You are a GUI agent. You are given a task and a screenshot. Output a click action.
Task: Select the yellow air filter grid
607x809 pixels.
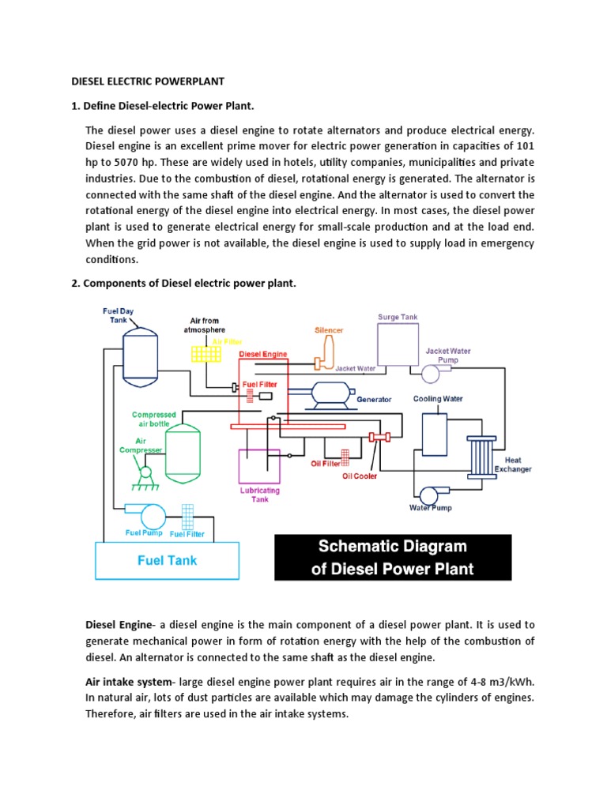coord(205,353)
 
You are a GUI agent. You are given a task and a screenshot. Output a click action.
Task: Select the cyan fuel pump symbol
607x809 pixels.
coord(150,516)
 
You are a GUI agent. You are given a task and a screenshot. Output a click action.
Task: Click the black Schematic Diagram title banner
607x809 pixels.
coord(393,557)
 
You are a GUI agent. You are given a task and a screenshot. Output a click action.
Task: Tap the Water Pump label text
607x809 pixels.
coord(430,508)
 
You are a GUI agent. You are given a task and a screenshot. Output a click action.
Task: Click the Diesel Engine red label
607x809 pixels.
coord(263,355)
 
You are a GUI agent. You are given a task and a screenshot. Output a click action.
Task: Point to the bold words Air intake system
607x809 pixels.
coord(130,681)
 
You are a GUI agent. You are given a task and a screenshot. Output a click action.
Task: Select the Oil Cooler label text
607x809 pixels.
coord(359,476)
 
